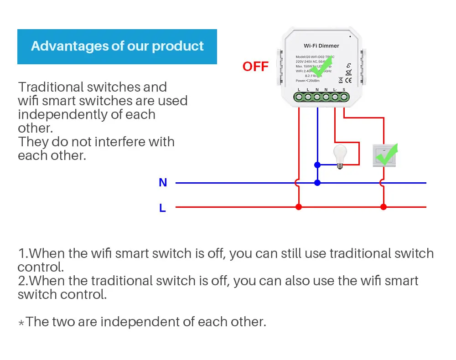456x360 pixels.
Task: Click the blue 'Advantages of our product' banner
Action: (117, 46)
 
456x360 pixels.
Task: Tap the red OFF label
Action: (255, 67)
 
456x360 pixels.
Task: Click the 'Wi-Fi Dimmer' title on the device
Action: (321, 46)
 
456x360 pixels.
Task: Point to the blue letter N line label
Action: (163, 183)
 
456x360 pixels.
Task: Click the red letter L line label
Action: (162, 208)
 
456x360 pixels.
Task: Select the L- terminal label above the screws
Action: (335, 89)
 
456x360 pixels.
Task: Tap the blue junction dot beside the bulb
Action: (317, 165)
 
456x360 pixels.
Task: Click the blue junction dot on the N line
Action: (317, 183)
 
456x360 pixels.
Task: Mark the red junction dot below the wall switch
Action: (383, 207)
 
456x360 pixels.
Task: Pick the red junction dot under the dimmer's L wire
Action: (299, 207)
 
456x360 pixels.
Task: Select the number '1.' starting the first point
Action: (23, 253)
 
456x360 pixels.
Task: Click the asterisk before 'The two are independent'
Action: (21, 323)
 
